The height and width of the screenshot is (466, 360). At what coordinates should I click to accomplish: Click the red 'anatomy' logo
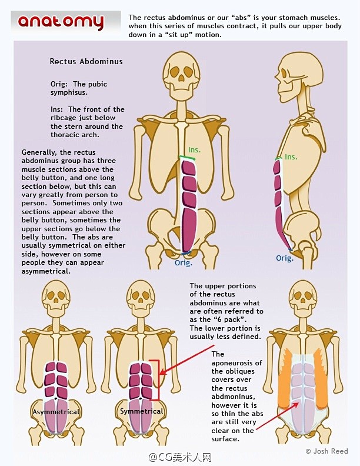(x=61, y=22)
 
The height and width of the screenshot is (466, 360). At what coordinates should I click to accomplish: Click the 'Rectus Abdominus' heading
(x=86, y=61)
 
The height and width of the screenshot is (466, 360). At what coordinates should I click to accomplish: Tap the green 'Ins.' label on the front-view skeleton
(x=194, y=151)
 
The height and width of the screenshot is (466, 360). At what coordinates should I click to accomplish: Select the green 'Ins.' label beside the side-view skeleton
(x=291, y=157)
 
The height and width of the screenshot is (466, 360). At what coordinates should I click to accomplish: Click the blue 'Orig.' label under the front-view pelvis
(x=184, y=263)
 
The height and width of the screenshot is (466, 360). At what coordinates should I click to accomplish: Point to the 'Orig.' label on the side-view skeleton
(x=285, y=258)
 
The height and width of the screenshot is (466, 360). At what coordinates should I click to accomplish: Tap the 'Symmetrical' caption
(x=141, y=411)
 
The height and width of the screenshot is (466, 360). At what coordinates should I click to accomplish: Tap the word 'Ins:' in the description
(x=58, y=109)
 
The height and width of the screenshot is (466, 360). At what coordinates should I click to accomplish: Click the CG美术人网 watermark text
(x=180, y=457)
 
